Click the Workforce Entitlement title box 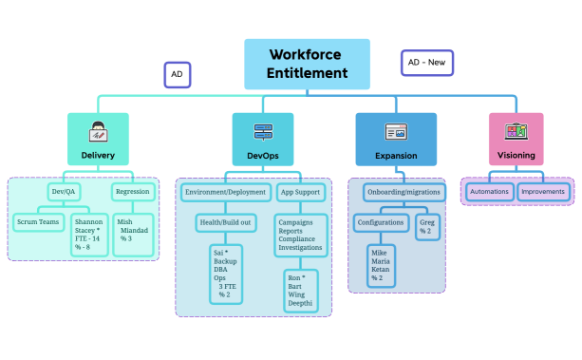click(x=307, y=64)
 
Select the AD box click(x=178, y=74)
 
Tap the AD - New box click(x=426, y=63)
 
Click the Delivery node click(x=99, y=139)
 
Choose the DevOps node click(x=262, y=139)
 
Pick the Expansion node click(x=396, y=139)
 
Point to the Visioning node click(x=516, y=139)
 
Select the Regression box click(x=132, y=191)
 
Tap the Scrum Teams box click(x=38, y=222)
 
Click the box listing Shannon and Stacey click(x=90, y=233)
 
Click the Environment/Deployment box click(x=226, y=191)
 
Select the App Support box click(x=301, y=191)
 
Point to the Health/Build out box click(x=225, y=221)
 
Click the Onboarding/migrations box click(x=403, y=191)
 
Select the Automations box click(x=490, y=191)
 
